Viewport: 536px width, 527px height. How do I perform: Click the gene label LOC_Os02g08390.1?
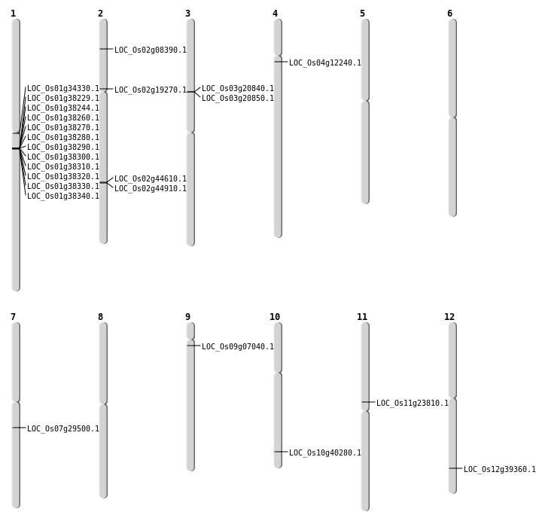point(151,50)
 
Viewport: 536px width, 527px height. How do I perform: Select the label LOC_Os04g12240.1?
point(325,63)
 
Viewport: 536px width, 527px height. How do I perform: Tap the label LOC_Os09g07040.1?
point(238,347)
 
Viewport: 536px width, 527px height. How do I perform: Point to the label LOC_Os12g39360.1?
point(500,470)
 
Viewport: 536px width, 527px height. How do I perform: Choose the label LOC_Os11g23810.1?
point(413,404)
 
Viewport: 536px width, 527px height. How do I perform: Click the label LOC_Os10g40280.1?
point(325,453)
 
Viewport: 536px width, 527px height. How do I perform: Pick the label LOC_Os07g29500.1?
point(63,429)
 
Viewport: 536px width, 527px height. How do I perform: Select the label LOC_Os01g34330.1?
point(63,89)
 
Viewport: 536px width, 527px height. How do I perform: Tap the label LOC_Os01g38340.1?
point(63,196)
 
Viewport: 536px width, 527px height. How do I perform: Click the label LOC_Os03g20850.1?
point(238,99)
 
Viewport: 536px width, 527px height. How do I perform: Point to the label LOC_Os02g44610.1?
point(151,179)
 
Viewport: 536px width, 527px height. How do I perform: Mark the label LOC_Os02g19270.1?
point(151,90)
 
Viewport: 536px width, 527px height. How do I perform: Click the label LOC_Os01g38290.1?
point(63,148)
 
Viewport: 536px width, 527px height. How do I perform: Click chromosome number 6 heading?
point(449,14)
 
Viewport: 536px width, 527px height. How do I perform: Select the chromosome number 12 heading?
point(449,317)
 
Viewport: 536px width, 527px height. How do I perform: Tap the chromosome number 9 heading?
point(187,317)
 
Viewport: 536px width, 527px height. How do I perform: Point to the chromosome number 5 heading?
point(362,14)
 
